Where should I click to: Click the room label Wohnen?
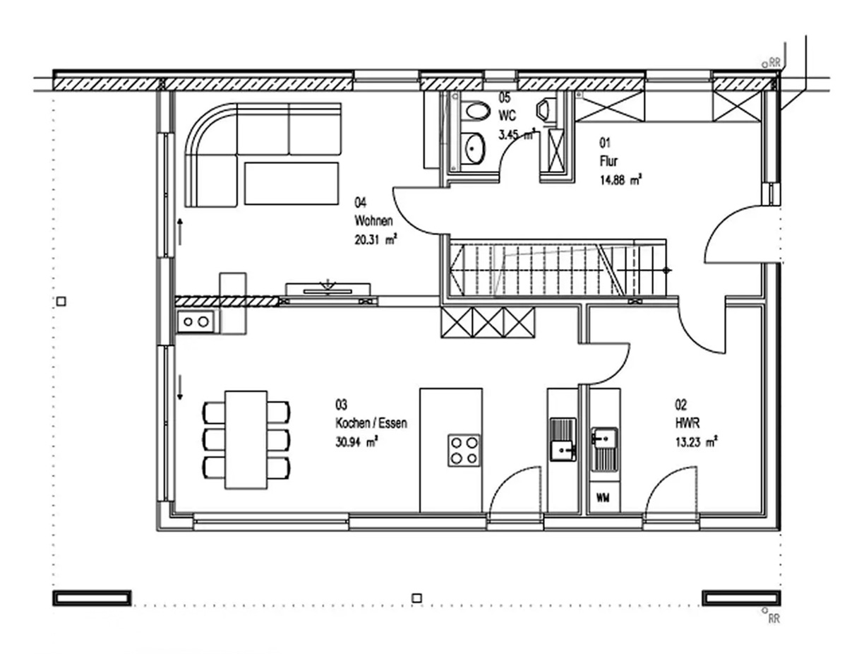coord(373,221)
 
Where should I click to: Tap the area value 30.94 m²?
coord(356,441)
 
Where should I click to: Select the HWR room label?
coord(687,423)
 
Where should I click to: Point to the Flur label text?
coord(609,161)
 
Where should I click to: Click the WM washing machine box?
coord(603,498)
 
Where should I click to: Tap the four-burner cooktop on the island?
coord(464,451)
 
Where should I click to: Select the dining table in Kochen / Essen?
coord(246,439)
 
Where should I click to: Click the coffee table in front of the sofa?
coord(292,184)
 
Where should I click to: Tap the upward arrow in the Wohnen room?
coord(180,232)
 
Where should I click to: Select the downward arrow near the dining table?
coord(180,387)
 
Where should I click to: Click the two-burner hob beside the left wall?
coord(196,322)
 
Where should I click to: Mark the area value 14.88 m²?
coord(621,180)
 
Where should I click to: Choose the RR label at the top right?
coord(775,63)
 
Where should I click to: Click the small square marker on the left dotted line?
coord(61,301)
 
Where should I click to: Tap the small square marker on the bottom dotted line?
coord(416,597)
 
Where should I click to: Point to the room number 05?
coord(505,97)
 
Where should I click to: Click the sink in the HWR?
coord(604,449)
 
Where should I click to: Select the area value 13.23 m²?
coord(697,442)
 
